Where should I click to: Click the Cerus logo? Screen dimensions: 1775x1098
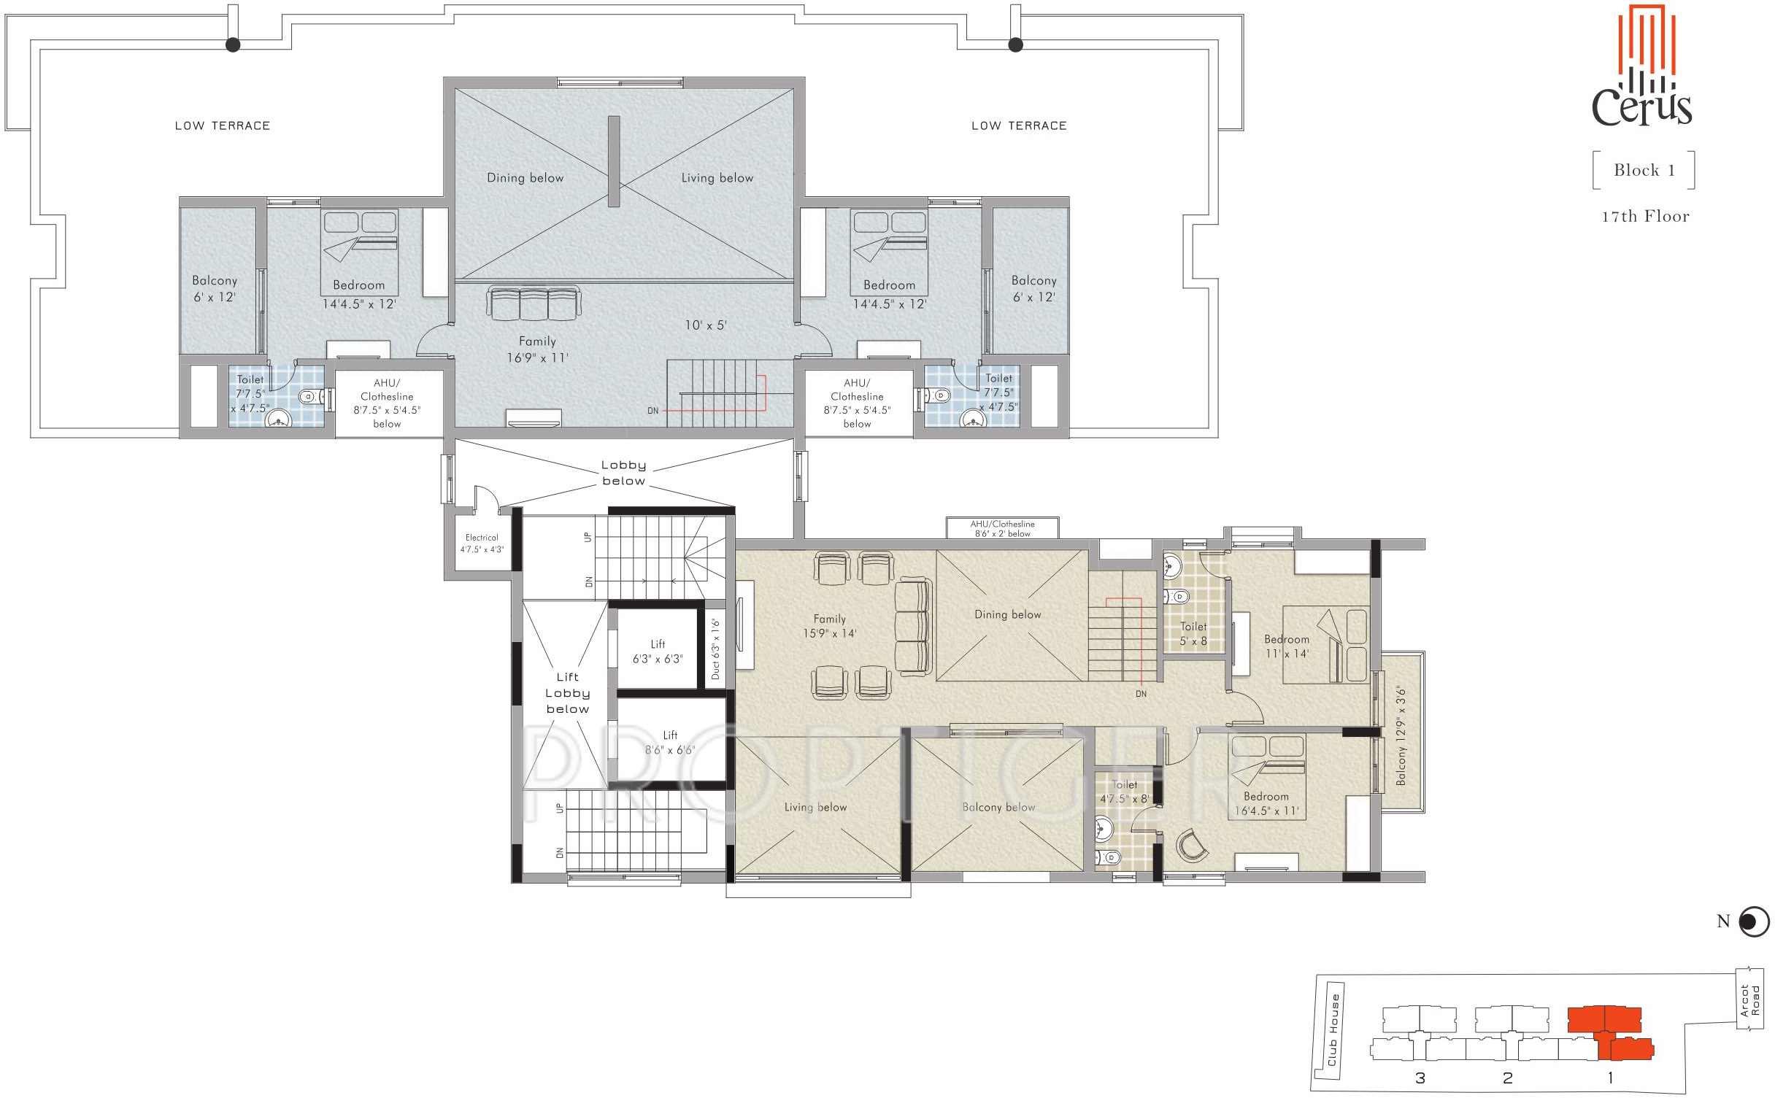coord(1642,66)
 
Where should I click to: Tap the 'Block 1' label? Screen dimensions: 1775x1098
coord(1644,171)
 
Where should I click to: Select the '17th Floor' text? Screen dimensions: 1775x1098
coord(1645,217)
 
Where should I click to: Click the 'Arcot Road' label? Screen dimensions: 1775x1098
coord(1749,1001)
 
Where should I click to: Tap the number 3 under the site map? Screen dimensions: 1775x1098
coord(1420,1078)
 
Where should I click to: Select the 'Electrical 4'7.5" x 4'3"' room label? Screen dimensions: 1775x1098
coord(482,544)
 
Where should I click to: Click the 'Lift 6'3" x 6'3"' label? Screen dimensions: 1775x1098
coord(658,652)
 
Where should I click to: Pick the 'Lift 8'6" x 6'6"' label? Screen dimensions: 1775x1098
coord(670,743)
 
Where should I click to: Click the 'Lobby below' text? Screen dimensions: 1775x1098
coord(623,473)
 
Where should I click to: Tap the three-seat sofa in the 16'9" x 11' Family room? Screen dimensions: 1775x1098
coord(534,303)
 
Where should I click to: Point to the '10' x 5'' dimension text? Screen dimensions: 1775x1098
coord(706,325)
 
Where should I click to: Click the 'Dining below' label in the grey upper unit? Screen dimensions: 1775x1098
coord(525,178)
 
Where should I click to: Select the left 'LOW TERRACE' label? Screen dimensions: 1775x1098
coord(223,125)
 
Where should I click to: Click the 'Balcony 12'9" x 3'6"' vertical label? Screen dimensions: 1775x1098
coord(1401,735)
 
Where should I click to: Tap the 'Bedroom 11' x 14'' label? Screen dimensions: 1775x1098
coord(1287,646)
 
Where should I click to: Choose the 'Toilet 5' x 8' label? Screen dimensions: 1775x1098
coord(1193,634)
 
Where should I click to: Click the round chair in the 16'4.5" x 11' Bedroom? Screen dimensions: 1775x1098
coord(1192,846)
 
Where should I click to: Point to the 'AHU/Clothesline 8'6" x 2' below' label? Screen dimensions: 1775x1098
coord(1002,529)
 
